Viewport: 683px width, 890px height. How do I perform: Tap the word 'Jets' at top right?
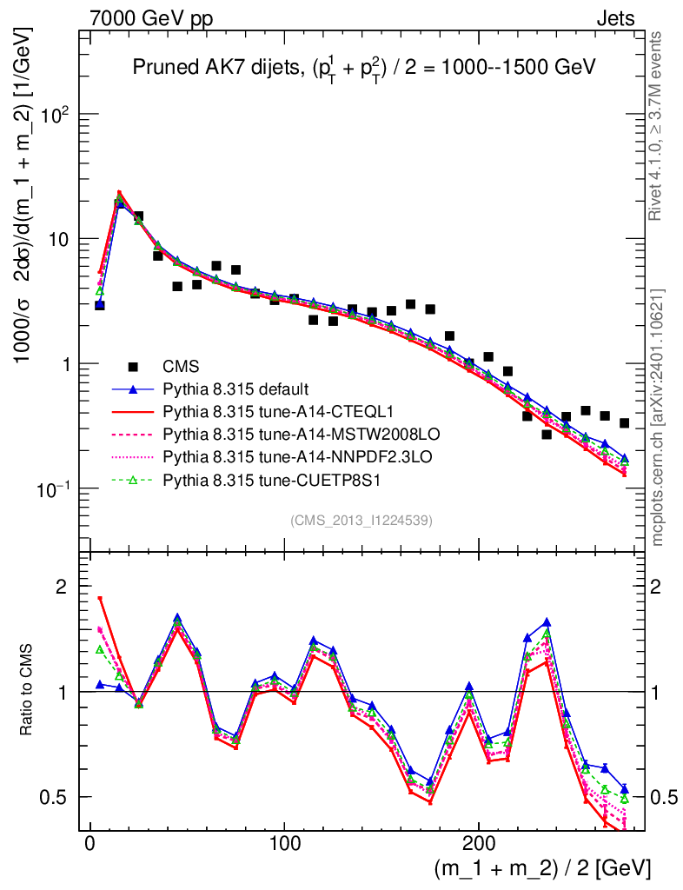[x=615, y=18]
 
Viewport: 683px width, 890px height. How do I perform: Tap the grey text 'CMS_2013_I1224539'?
[x=361, y=520]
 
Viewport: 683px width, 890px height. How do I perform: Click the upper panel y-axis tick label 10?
[x=63, y=239]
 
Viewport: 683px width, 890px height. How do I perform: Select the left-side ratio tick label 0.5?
[x=56, y=797]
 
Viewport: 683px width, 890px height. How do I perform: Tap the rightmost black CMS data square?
[x=624, y=423]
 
